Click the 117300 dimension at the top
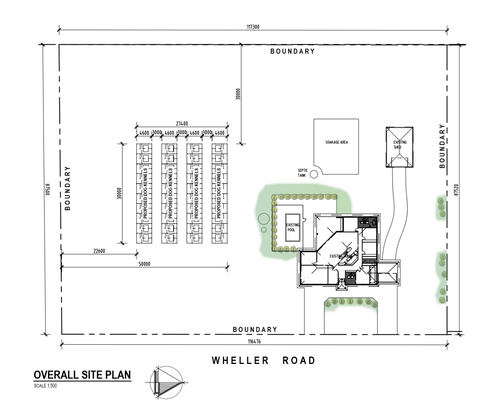(253, 27)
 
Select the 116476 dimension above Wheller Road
(254, 342)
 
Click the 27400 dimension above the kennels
(182, 124)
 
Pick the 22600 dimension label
(99, 251)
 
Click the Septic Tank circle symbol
(314, 174)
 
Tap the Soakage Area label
(336, 142)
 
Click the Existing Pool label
(291, 227)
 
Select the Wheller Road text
(264, 361)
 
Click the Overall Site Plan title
(82, 375)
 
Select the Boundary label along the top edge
(292, 51)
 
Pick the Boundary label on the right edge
(442, 146)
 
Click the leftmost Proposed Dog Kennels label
(145, 194)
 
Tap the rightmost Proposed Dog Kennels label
(219, 194)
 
